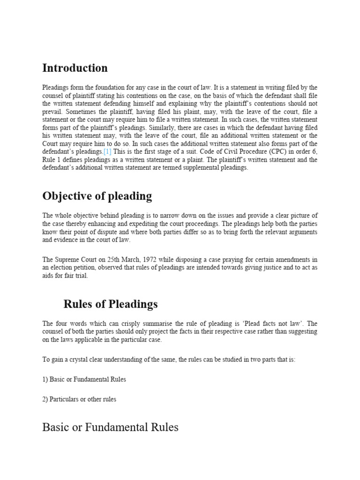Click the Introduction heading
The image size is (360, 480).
pyautogui.click(x=75, y=68)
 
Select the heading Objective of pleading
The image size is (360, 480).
pyautogui.click(x=97, y=196)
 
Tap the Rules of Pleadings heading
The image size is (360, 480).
pyautogui.click(x=111, y=304)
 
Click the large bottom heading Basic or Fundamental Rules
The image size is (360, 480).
pyautogui.click(x=110, y=427)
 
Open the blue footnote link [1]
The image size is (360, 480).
pyautogui.click(x=107, y=152)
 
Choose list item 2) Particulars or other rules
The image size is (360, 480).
pyautogui.click(x=79, y=399)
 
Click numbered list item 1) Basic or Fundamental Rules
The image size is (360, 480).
pyautogui.click(x=84, y=380)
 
